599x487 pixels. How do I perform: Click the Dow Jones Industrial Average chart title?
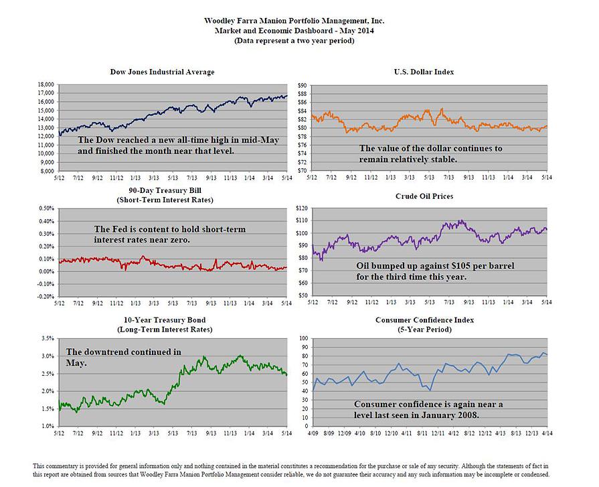tap(162, 72)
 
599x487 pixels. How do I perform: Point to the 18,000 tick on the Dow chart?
tap(45, 85)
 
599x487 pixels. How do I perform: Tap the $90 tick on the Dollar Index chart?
tap(302, 85)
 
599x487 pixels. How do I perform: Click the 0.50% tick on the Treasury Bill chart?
tap(44, 208)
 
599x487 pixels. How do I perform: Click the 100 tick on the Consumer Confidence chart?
tap(302, 338)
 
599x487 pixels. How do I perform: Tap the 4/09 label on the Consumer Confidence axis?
tap(312, 434)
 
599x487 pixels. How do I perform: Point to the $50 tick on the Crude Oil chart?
tap(302, 295)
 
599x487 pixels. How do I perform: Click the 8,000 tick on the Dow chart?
tap(46, 171)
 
